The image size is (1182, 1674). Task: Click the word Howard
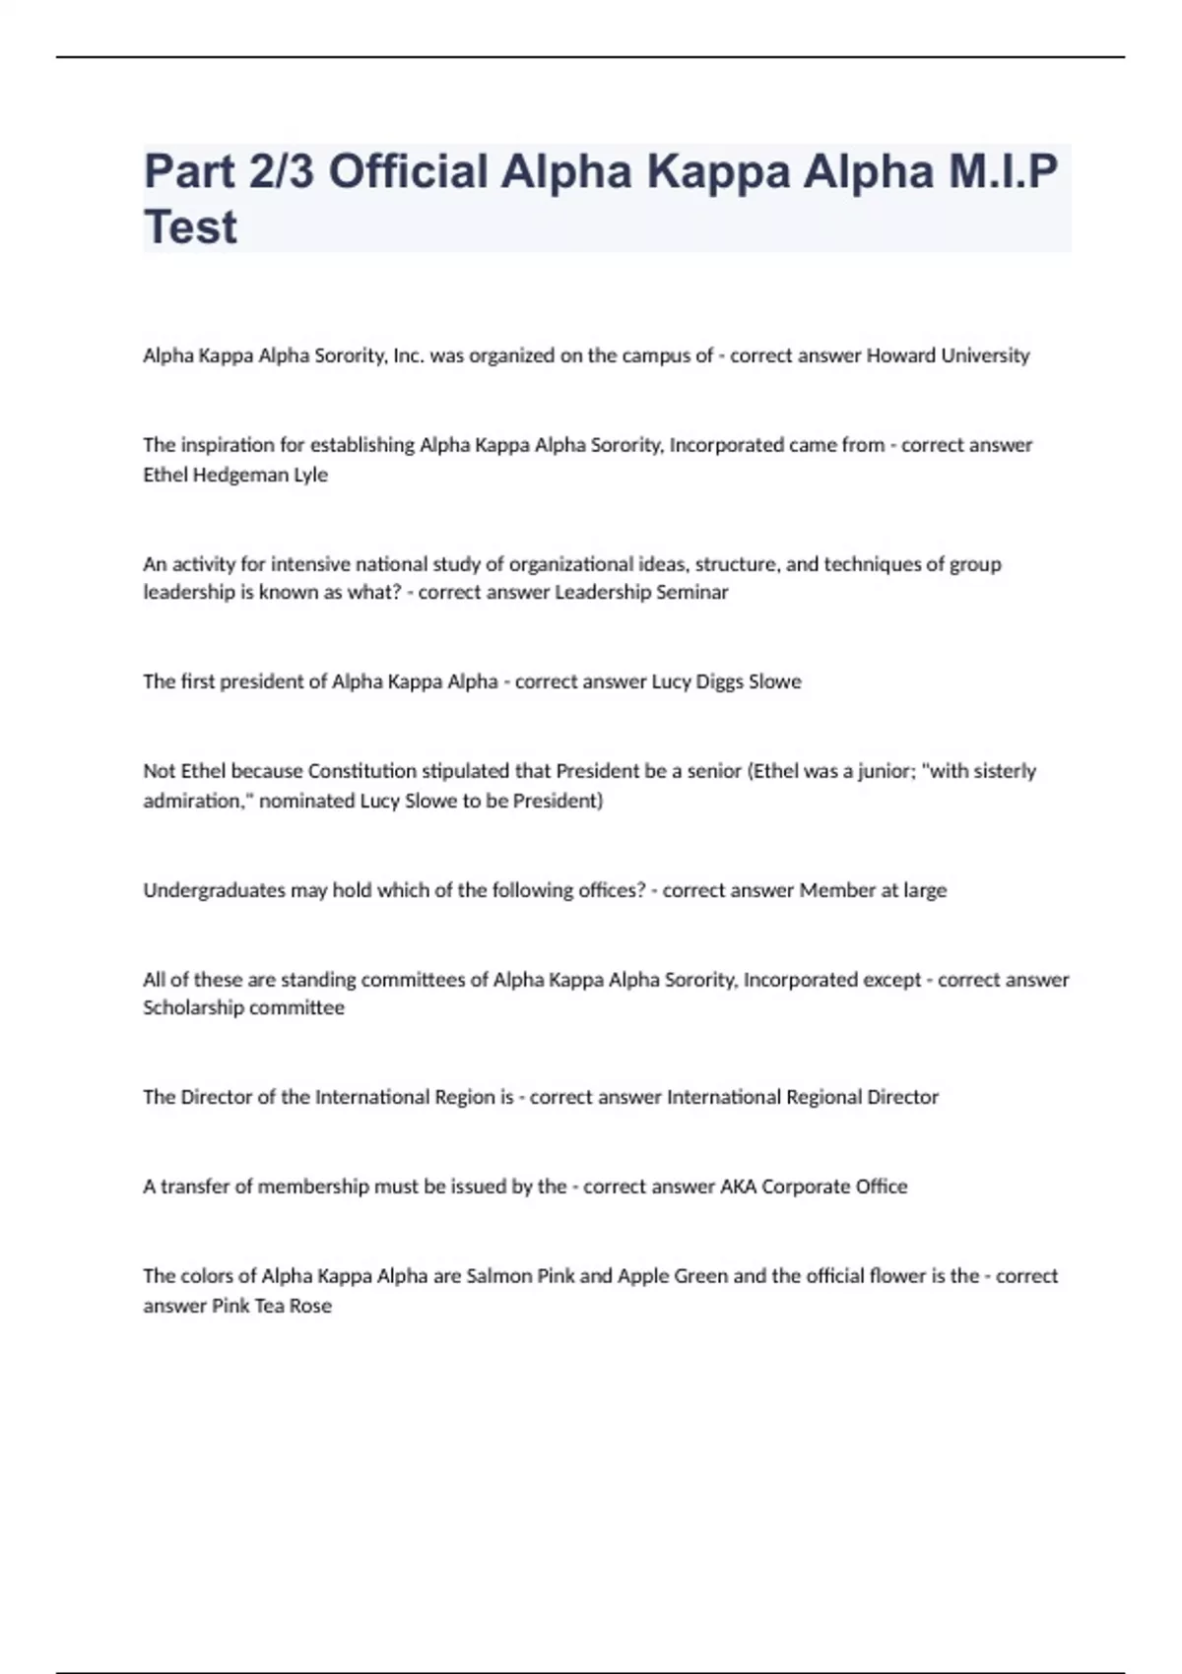tap(900, 355)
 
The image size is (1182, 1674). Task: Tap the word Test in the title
tap(190, 227)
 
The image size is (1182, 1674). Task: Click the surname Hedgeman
tap(235, 475)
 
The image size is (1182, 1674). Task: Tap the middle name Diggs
tap(720, 681)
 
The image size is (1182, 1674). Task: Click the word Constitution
tap(362, 771)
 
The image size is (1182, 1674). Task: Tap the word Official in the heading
tap(408, 171)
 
